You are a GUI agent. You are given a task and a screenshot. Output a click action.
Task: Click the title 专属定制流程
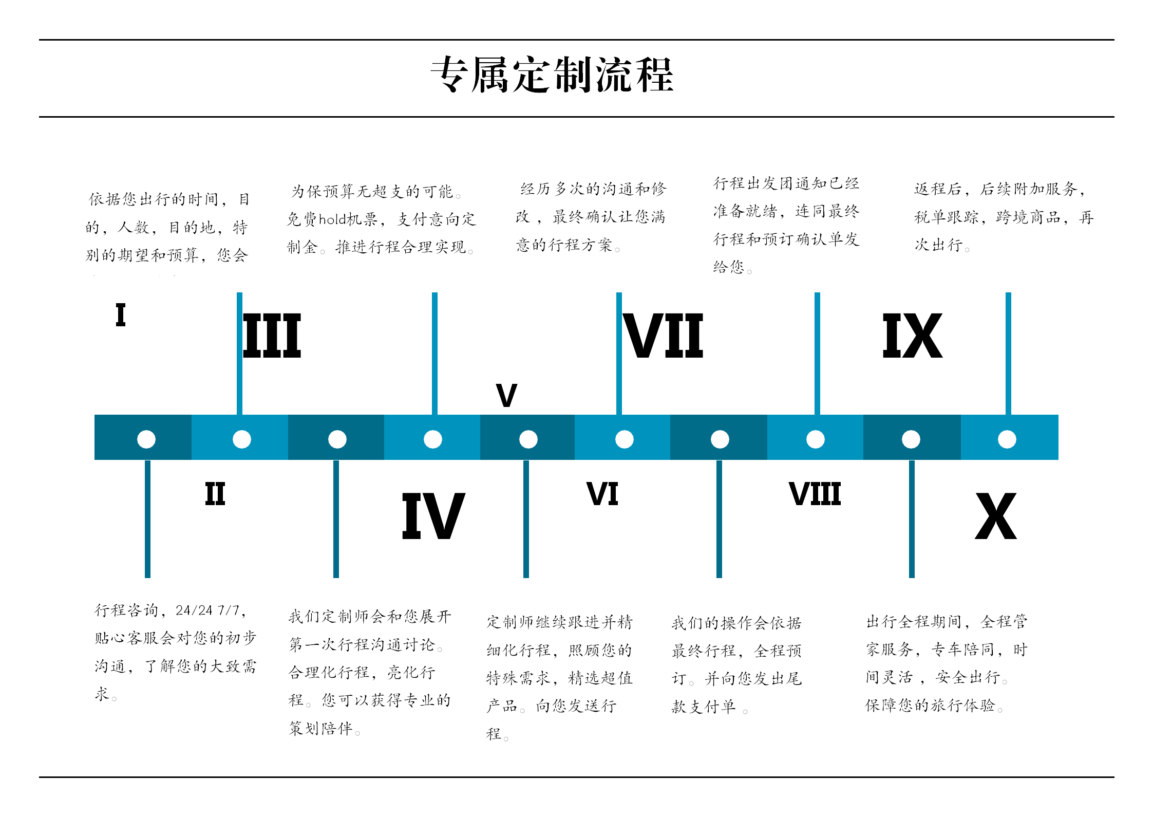pyautogui.click(x=552, y=75)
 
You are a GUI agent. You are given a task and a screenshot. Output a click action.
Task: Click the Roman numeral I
pyautogui.click(x=121, y=314)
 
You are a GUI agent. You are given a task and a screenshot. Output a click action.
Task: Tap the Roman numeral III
pyautogui.click(x=272, y=336)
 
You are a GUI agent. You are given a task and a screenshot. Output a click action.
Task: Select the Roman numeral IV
pyautogui.click(x=433, y=516)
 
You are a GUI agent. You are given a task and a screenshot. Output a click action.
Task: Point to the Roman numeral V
pyautogui.click(x=506, y=395)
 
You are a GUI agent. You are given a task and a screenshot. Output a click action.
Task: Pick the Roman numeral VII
pyautogui.click(x=663, y=336)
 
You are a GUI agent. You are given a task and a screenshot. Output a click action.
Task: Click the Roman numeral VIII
pyautogui.click(x=815, y=494)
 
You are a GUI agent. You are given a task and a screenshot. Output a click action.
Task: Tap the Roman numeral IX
pyautogui.click(x=912, y=336)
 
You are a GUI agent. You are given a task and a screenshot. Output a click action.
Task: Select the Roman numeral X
pyautogui.click(x=995, y=516)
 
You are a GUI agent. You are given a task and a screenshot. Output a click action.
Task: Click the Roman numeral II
pyautogui.click(x=215, y=494)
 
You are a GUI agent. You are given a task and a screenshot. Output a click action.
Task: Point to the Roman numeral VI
pyautogui.click(x=602, y=494)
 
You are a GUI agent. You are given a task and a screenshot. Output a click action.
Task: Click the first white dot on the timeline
pyautogui.click(x=146, y=439)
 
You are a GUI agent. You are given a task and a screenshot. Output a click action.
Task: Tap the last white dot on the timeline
pyautogui.click(x=1007, y=439)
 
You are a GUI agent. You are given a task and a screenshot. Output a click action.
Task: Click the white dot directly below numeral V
pyautogui.click(x=528, y=439)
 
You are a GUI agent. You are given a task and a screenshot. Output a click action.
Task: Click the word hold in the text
pyautogui.click(x=332, y=220)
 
